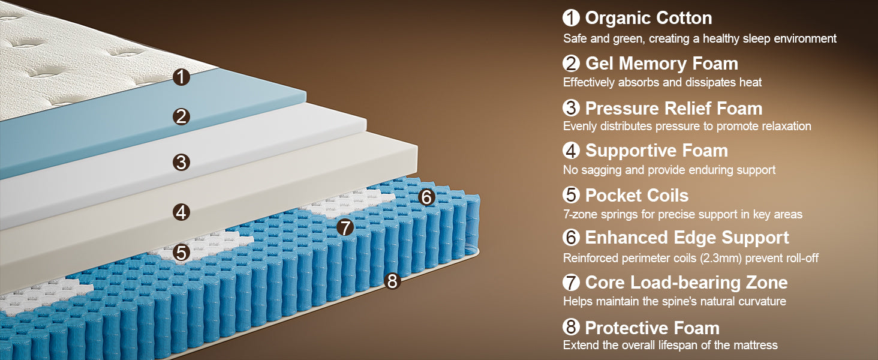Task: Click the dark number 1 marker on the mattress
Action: [181, 77]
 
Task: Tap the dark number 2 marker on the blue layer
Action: [181, 117]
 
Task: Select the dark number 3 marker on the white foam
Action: [181, 163]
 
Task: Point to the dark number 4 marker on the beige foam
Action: [181, 212]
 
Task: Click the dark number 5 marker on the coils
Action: [181, 253]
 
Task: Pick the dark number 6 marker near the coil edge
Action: [426, 197]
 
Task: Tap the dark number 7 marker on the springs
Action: [345, 227]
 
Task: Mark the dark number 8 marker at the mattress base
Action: [392, 281]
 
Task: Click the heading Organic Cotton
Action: [649, 19]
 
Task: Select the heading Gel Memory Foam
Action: [661, 64]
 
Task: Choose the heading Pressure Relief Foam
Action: [673, 109]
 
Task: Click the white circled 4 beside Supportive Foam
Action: [571, 151]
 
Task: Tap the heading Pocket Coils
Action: [636, 195]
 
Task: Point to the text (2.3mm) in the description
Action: [721, 258]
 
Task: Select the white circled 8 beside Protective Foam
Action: [571, 326]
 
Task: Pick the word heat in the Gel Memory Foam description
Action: [750, 82]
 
